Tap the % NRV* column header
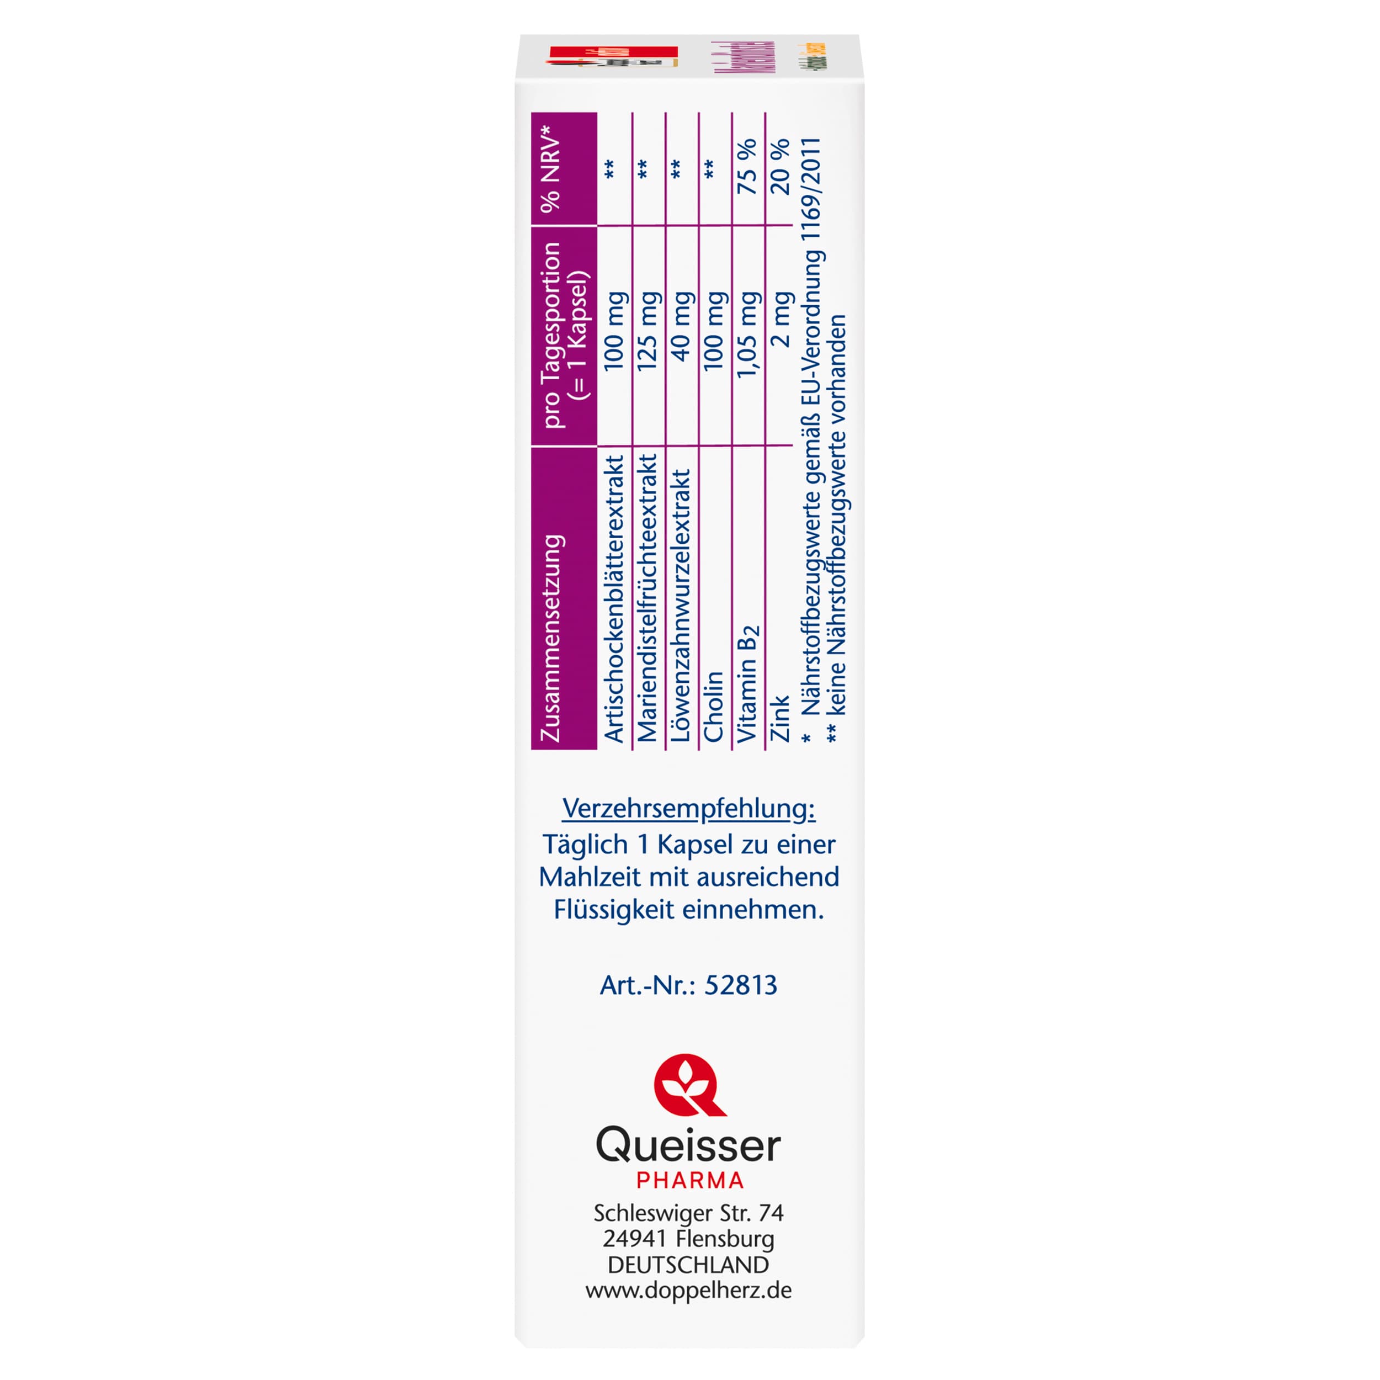coord(551,169)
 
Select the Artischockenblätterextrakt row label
coord(614,599)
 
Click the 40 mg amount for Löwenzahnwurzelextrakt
coord(681,326)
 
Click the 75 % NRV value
coord(746,167)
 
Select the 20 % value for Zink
coord(780,167)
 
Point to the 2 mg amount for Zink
coord(781,319)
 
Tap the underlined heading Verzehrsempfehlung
coord(688,809)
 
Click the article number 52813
coord(741,985)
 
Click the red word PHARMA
coord(690,1181)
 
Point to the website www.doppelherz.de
coord(688,1291)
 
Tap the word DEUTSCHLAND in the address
coord(688,1265)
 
